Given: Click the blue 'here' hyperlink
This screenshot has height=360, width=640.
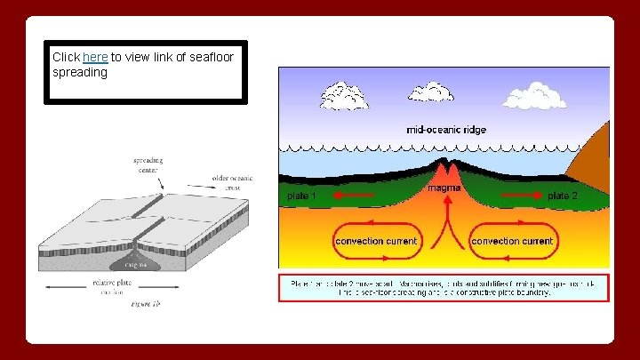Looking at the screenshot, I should [x=95, y=56].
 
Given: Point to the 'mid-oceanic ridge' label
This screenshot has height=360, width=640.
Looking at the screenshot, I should [x=446, y=129].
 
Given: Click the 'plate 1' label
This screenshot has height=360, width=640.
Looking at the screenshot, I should [x=301, y=195].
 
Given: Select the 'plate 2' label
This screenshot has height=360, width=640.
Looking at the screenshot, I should [x=563, y=195].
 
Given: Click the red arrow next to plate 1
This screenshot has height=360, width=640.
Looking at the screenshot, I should [x=348, y=195].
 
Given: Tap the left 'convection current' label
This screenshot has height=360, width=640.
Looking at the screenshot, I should [x=375, y=241].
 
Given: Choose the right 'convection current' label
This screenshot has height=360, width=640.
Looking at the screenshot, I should [x=512, y=241].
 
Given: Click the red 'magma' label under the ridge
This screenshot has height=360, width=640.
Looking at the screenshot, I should [x=444, y=188].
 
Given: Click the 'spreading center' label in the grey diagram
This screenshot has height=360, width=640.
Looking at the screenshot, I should [x=148, y=165].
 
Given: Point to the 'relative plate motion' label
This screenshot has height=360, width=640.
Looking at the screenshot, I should [x=111, y=287].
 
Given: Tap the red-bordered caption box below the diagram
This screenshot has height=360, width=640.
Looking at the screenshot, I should [x=444, y=287].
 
